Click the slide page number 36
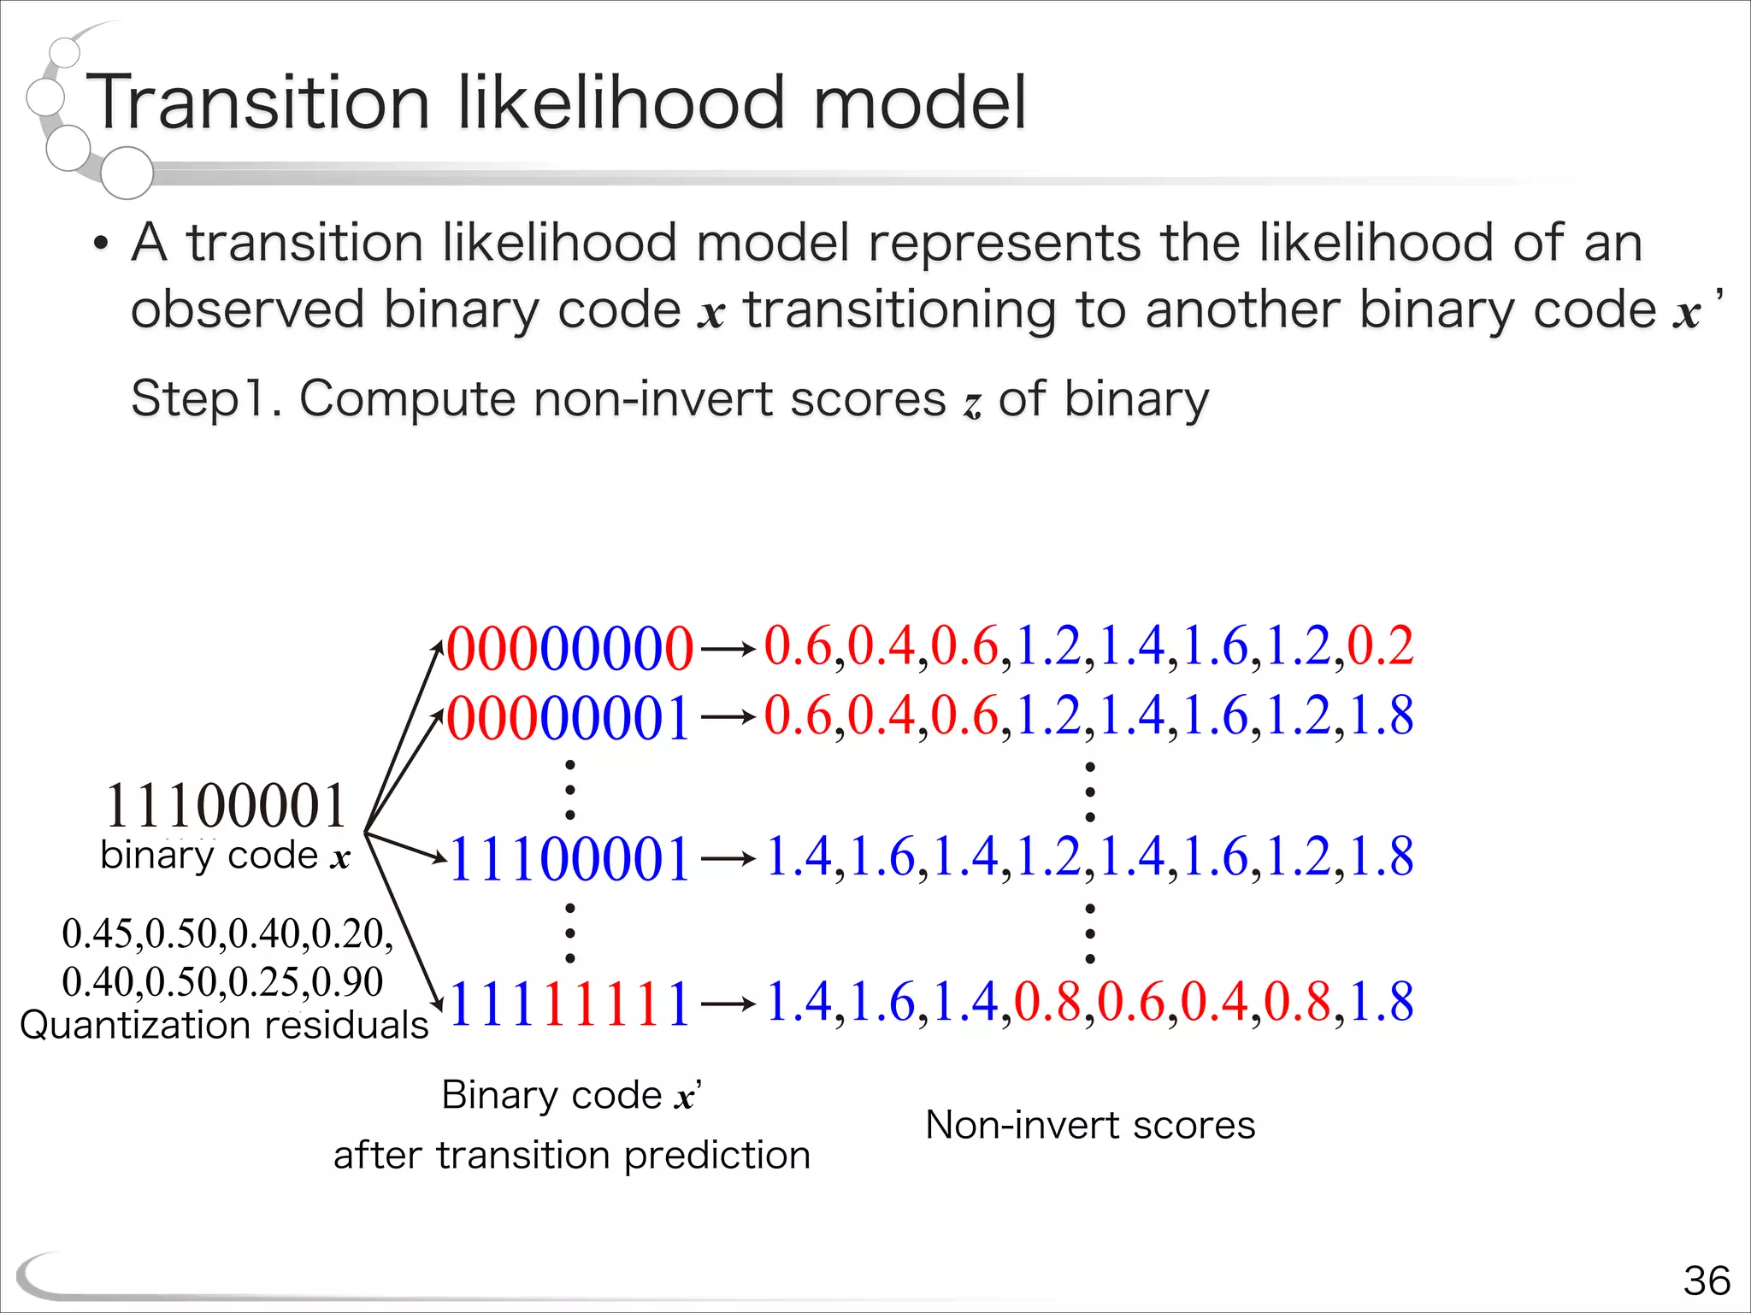tap(1707, 1281)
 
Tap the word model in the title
tap(919, 103)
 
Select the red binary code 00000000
tap(569, 649)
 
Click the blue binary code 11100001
tap(569, 859)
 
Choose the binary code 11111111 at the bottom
tap(569, 1004)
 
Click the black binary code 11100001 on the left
tap(226, 806)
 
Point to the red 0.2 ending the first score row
tap(1380, 646)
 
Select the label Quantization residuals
tap(224, 1025)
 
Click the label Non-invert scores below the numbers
tap(1090, 1125)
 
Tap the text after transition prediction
tap(571, 1156)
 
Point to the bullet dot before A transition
tap(102, 244)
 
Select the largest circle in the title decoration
tap(127, 173)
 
